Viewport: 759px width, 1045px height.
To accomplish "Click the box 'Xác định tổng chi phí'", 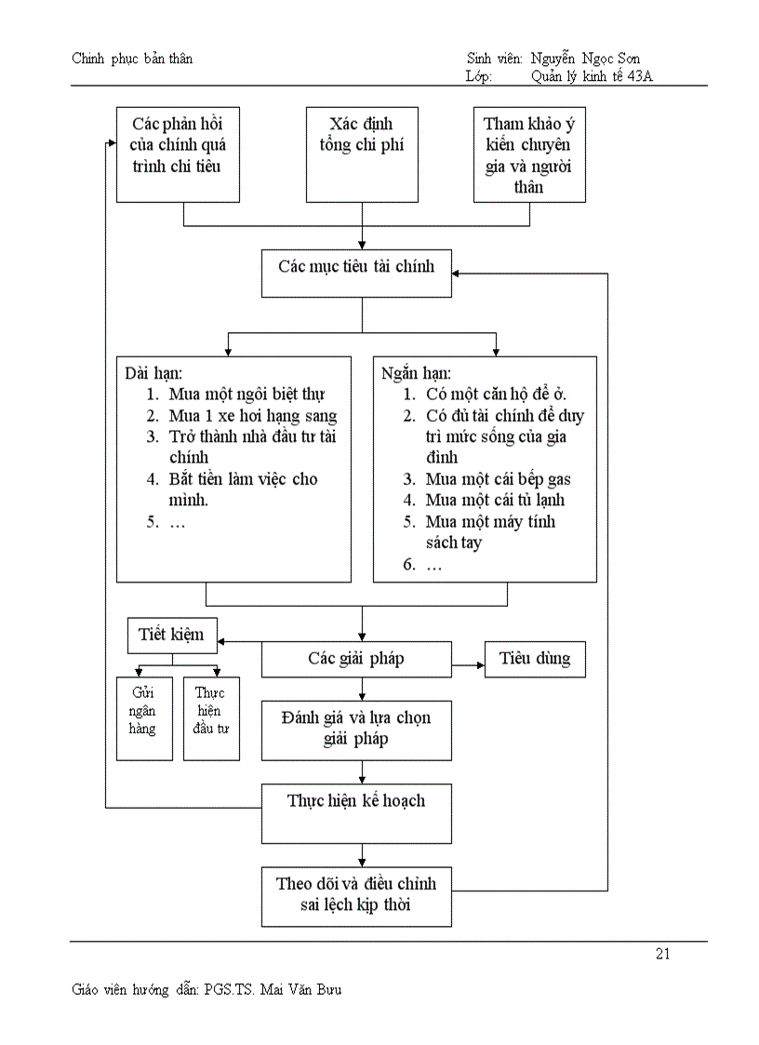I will point(362,154).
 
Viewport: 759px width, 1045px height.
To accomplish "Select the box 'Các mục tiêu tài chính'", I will point(356,273).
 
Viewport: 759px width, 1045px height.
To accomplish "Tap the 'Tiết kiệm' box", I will point(172,636).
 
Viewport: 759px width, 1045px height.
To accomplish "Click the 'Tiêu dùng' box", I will point(535,659).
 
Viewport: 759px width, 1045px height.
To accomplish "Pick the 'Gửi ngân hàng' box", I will point(144,718).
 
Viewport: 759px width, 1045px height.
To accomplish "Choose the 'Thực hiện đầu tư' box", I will point(211,718).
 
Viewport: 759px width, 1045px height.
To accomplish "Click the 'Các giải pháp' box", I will point(356,659).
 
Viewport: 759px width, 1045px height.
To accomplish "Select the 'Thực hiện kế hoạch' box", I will point(356,812).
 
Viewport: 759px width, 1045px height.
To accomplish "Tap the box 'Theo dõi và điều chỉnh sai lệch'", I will point(356,895).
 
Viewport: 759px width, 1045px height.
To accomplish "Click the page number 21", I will point(663,954).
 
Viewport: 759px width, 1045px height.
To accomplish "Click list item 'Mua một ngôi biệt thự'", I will point(246,395).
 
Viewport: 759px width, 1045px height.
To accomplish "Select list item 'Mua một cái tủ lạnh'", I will point(495,501).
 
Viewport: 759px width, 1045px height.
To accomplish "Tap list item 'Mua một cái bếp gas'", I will point(498,479).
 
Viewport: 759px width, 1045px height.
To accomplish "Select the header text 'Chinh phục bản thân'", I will point(132,59).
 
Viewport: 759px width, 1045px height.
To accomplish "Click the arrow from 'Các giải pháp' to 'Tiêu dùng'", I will point(468,666).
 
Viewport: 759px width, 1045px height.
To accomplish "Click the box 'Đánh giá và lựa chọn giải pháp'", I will point(356,730).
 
